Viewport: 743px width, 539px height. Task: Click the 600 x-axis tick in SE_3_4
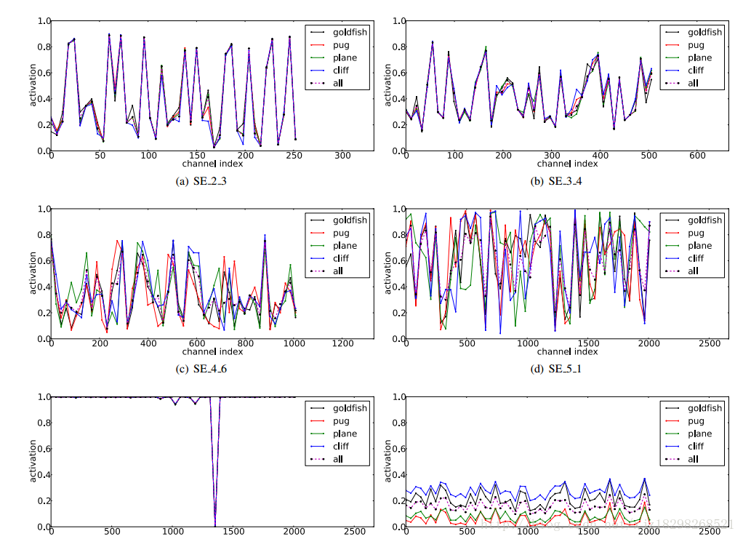click(696, 156)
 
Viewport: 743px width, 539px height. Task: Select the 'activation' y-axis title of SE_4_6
click(33, 274)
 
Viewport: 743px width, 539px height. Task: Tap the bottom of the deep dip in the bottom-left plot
click(214, 524)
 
